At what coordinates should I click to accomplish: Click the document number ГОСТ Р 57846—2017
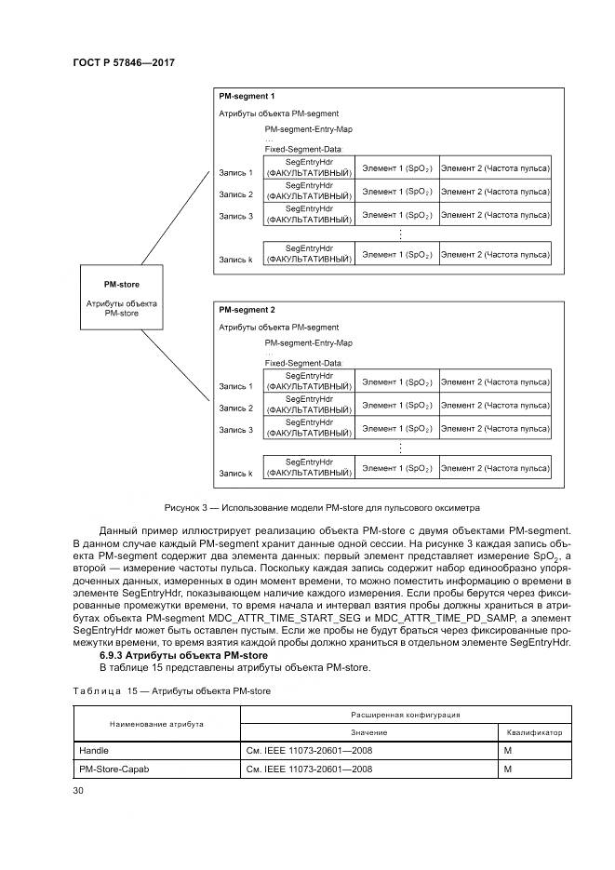click(123, 62)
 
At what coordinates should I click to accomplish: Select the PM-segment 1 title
click(246, 96)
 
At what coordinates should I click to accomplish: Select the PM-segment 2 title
click(246, 309)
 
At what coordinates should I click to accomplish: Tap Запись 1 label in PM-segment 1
click(235, 172)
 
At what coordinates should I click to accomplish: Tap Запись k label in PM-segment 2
click(235, 473)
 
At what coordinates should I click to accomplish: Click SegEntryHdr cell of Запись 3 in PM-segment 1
click(309, 215)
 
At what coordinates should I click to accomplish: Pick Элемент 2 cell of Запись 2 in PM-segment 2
click(494, 405)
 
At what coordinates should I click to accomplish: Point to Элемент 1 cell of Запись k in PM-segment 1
click(396, 254)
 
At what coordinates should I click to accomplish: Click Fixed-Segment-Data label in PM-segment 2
click(303, 362)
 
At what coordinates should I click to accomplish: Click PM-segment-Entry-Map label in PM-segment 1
click(309, 129)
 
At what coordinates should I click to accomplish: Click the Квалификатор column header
click(534, 731)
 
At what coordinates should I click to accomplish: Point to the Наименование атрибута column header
click(156, 723)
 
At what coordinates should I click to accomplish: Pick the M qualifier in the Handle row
click(508, 748)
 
